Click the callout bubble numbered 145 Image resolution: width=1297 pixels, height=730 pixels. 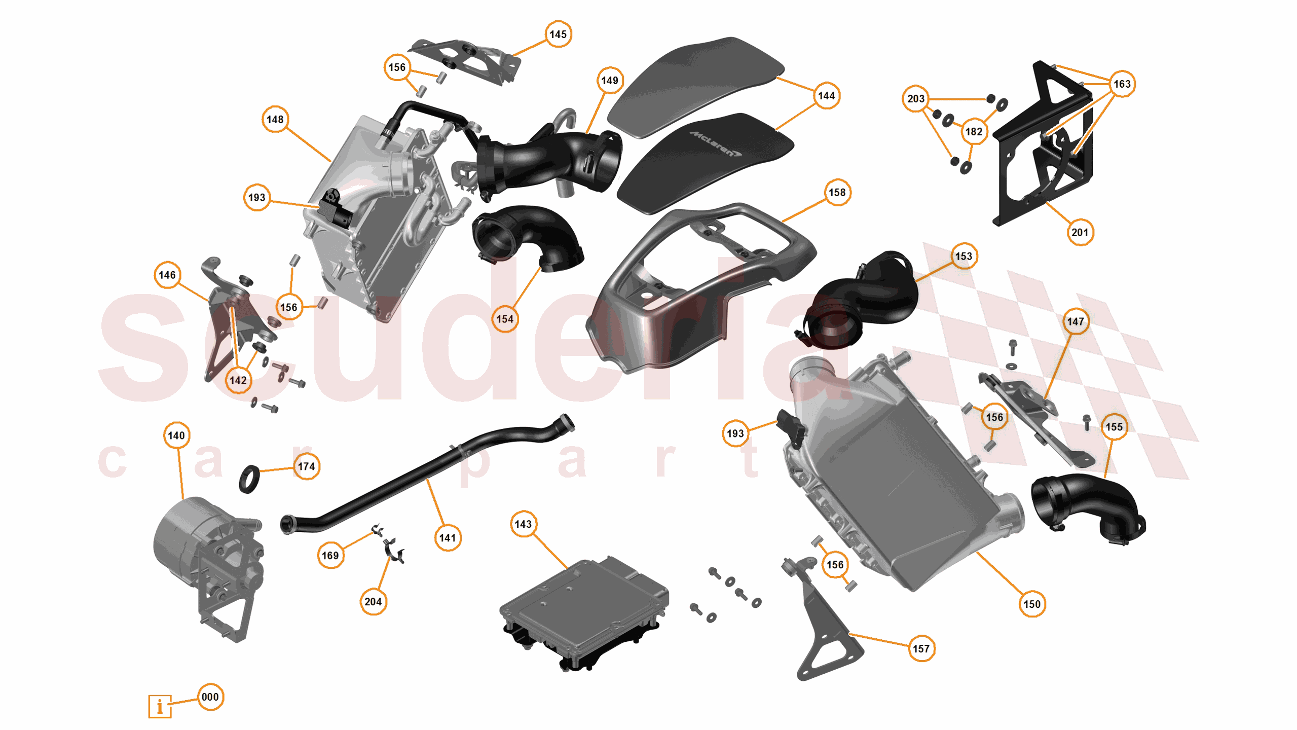[558, 34]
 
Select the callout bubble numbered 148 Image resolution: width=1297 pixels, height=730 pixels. [275, 120]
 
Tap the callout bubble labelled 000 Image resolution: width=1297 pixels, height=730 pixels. [210, 697]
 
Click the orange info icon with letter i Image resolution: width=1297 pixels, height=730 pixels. [160, 706]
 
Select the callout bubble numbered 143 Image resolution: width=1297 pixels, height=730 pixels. [523, 524]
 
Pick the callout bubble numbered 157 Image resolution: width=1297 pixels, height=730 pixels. [921, 648]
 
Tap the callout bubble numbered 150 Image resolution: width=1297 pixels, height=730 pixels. [1032, 604]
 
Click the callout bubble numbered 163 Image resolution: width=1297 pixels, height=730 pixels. [1122, 84]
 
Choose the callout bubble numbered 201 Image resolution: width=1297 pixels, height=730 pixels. [1080, 233]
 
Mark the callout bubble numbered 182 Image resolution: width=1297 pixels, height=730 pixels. [974, 132]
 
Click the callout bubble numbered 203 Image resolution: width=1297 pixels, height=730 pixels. [916, 99]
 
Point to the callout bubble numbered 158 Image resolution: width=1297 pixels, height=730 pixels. [837, 193]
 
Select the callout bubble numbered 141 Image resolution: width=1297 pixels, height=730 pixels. [448, 538]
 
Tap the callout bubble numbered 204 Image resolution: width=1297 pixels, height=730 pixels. [373, 602]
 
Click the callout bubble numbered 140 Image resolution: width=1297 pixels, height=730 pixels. [176, 435]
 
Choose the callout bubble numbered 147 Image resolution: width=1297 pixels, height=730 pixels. [1076, 321]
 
